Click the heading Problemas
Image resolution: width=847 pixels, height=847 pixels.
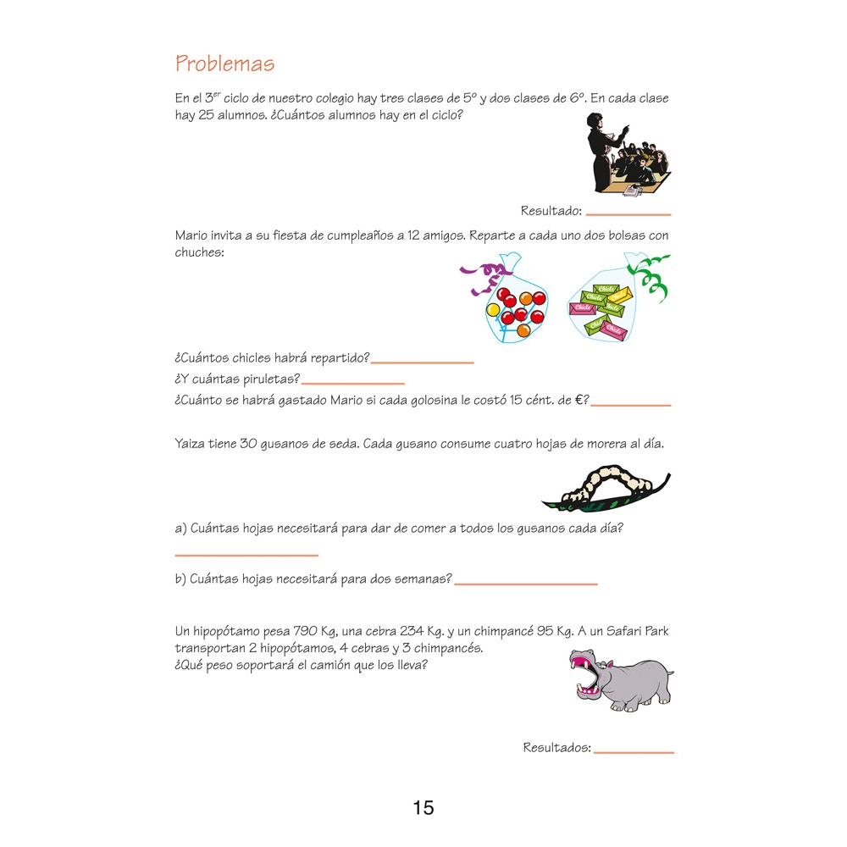click(224, 64)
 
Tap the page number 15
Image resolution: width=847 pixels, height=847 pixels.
click(423, 807)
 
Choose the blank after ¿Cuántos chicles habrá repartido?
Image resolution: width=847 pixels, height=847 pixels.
click(423, 363)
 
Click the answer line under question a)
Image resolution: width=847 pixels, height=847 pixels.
click(246, 556)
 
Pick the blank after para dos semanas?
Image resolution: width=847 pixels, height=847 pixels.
click(526, 584)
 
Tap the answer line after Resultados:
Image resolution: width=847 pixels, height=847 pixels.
click(634, 752)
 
